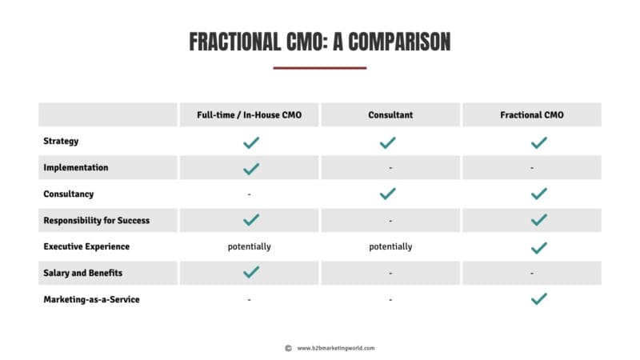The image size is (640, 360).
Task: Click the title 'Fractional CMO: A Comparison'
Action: click(320, 42)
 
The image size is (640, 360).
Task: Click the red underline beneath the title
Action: click(320, 68)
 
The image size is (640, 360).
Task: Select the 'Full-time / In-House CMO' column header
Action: click(249, 115)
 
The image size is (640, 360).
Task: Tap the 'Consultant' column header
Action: click(390, 115)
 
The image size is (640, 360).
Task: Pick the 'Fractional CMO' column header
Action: click(532, 115)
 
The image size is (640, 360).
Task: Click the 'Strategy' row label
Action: click(61, 142)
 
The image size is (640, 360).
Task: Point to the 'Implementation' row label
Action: click(76, 168)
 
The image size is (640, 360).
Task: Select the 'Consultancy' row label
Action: click(68, 194)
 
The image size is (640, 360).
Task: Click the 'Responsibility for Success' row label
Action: click(97, 220)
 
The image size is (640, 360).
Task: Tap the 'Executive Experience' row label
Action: click(86, 246)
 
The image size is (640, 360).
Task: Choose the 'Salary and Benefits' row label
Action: click(84, 273)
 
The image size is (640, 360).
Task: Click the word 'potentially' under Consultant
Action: click(390, 246)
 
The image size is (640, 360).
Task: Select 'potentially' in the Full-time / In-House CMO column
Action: click(250, 246)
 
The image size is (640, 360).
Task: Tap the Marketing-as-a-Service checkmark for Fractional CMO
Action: click(539, 299)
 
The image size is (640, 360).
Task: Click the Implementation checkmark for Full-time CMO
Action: click(251, 168)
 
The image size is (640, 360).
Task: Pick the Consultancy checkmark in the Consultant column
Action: click(388, 194)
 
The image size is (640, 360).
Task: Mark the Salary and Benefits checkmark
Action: click(251, 273)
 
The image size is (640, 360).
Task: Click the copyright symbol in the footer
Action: click(288, 348)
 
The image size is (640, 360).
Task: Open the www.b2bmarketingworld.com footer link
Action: click(336, 348)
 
